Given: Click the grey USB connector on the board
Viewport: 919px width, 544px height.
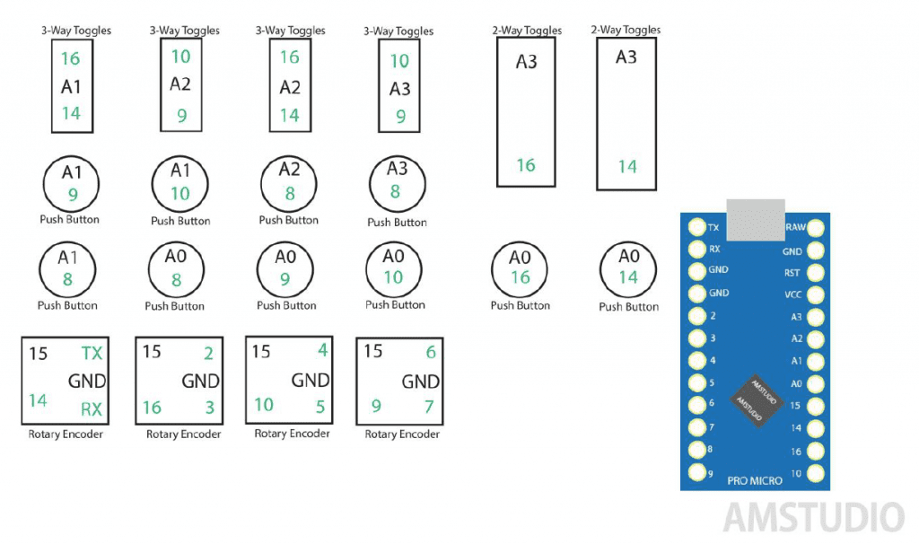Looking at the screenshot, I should tap(755, 221).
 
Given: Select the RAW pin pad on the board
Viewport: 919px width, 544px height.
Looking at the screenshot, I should tap(816, 228).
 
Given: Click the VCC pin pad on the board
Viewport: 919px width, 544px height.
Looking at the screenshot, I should tap(816, 294).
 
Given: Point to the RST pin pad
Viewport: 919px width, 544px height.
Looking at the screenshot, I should tap(816, 272).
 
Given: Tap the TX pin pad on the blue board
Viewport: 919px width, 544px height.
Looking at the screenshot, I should tap(696, 228).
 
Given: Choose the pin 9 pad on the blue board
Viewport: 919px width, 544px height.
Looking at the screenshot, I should tap(696, 472).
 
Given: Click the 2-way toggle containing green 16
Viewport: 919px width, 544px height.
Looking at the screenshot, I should tap(526, 112).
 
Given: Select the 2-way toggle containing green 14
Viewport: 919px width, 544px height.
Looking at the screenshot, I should tap(626, 113).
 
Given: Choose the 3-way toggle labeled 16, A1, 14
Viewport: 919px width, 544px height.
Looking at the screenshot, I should tap(72, 86).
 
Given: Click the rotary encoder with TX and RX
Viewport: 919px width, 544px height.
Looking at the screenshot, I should tap(64, 381).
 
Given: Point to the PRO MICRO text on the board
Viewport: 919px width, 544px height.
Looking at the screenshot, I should tap(755, 481).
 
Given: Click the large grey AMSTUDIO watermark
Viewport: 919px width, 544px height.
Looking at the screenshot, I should tap(813, 518).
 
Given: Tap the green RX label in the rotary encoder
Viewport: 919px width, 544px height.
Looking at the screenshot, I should tap(91, 410).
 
